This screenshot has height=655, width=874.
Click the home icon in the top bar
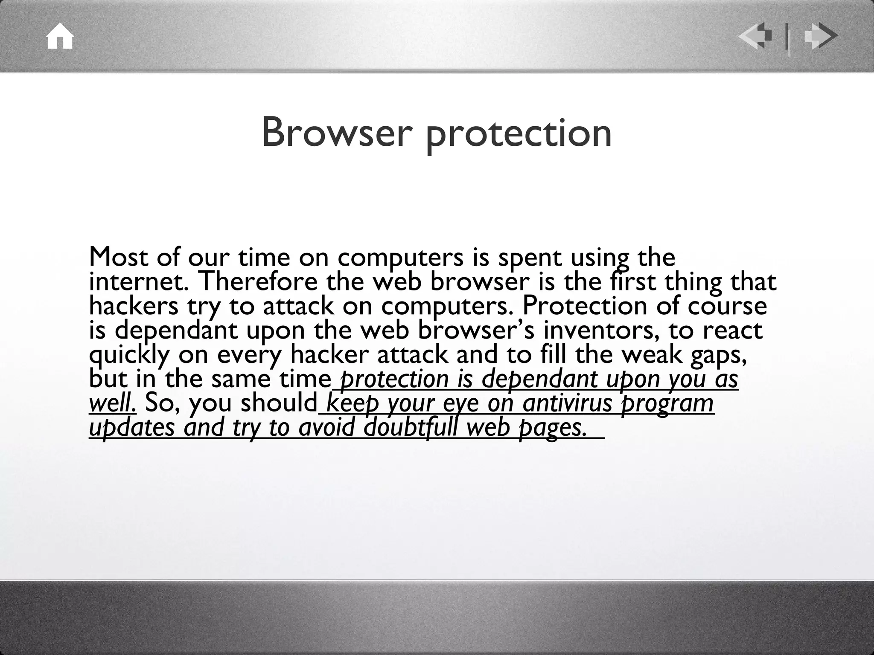60,37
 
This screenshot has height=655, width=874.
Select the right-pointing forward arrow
820,37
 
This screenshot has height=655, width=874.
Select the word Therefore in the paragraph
258,281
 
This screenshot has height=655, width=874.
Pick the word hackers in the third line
134,306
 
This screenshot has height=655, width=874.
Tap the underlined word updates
132,428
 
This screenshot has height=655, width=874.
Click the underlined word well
113,403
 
